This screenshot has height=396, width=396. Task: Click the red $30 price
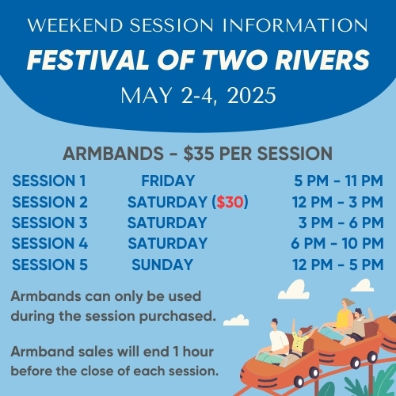point(230,202)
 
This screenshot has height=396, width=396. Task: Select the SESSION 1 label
point(49,181)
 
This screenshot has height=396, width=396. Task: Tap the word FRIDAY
point(168,181)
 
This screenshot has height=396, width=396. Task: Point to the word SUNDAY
point(162,265)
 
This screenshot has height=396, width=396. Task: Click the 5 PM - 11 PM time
point(338,181)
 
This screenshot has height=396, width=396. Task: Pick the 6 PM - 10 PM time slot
point(337,243)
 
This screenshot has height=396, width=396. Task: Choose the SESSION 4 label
point(50,243)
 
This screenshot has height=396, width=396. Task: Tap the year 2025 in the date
point(252,95)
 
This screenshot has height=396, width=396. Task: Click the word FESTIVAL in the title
point(88,59)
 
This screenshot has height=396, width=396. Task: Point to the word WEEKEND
point(75,25)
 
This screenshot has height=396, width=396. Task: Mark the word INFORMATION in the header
point(295,25)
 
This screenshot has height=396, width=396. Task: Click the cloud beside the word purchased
point(236,320)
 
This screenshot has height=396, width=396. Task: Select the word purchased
point(177,317)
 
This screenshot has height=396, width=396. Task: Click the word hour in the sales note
point(198,352)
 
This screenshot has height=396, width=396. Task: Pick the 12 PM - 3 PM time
point(337,202)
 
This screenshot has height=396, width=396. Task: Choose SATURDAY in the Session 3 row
point(167,223)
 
